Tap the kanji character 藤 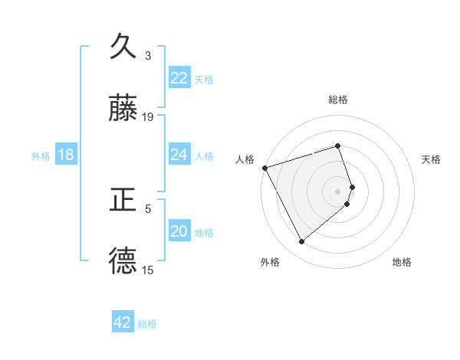click(123, 110)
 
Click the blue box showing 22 click(179, 78)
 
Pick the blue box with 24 click(179, 155)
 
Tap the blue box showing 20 click(179, 232)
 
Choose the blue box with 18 click(66, 155)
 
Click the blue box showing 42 click(123, 322)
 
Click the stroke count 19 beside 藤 click(148, 117)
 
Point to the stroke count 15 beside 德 click(148, 270)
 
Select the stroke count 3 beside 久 click(148, 55)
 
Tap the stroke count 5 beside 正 click(148, 208)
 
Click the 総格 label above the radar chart click(338, 100)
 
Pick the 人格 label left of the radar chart click(245, 159)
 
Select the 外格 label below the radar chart click(269, 262)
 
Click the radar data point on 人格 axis click(264, 168)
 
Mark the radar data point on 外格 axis click(301, 242)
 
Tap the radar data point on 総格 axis click(338, 146)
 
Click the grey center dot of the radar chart click(338, 191)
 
